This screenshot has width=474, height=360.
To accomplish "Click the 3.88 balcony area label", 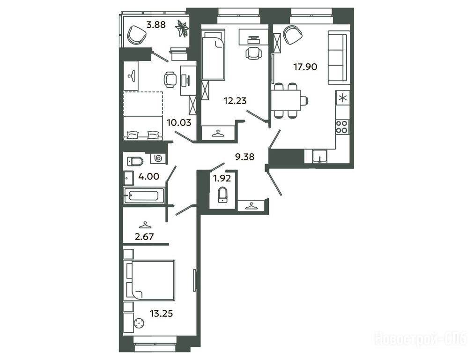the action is coord(156,24).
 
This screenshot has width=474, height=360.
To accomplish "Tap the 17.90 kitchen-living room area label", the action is coord(305,67).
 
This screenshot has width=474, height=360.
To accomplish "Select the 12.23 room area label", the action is coord(235,100).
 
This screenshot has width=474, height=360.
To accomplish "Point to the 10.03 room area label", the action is coord(179,122).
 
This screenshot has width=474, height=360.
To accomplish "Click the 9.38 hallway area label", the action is coord(244,157).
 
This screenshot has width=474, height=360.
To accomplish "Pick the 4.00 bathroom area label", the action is coord(149,176).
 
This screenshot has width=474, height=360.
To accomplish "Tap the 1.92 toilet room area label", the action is coord(222,179).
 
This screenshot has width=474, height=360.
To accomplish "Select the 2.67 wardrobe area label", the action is coord(144,236).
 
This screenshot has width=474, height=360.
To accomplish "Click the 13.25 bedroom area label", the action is coord(162,314).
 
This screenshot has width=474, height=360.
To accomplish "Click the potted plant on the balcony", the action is coord(182,29).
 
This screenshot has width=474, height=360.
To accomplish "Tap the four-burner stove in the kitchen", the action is coord(342,127).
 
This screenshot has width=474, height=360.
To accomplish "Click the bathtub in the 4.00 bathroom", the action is coord(144,195).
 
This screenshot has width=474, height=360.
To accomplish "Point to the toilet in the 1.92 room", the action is coord(223,195).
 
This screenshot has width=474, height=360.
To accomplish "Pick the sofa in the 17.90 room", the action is coord(337,58).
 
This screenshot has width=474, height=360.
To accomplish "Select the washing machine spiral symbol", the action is coord(158,158).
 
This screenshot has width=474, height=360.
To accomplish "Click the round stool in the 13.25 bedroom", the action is coord(139,324).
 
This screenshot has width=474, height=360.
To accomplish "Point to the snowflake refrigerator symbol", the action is coord(342,98).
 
